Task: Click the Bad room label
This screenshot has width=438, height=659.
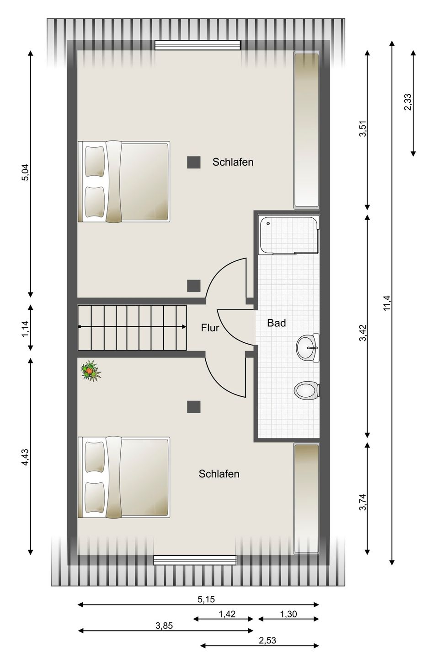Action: coord(276,323)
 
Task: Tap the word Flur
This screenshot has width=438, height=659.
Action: coord(210,328)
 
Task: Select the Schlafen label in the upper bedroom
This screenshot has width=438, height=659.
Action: coord(233,162)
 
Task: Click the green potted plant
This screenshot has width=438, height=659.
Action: coord(91,371)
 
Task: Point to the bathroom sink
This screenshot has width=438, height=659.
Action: coord(308,348)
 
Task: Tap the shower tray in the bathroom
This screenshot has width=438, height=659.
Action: coord(288,235)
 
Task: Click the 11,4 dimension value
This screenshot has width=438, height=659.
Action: coord(388,302)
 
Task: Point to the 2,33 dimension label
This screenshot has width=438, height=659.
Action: coord(408,102)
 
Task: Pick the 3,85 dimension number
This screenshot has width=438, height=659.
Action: coord(164,625)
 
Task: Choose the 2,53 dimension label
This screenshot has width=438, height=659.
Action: coord(267,640)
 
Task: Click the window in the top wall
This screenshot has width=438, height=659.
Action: coord(198,45)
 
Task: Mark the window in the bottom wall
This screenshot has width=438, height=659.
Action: coord(195,560)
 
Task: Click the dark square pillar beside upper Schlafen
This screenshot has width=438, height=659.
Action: coord(194,162)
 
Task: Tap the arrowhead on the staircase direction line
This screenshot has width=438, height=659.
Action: coord(184,327)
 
